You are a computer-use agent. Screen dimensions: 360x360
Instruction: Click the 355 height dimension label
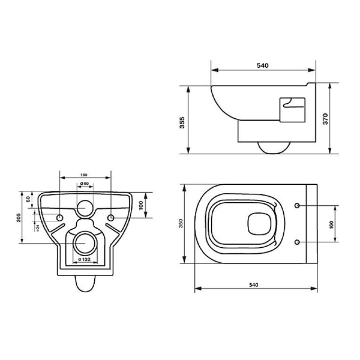[x=182, y=123]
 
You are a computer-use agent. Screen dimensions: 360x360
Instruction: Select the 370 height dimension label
[x=325, y=119]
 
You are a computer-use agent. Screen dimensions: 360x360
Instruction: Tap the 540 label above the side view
[x=262, y=66]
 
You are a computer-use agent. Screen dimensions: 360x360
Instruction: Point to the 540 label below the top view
[x=254, y=285]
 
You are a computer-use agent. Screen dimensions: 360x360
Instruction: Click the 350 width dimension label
[x=181, y=224]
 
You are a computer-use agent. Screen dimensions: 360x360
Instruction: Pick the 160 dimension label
[x=331, y=225]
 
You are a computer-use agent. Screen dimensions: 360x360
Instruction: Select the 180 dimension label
[x=84, y=175]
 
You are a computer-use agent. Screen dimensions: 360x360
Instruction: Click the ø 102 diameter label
[x=84, y=260]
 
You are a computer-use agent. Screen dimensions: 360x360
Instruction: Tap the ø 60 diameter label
[x=85, y=184]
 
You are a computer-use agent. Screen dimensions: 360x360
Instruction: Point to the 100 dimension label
[x=141, y=205]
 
